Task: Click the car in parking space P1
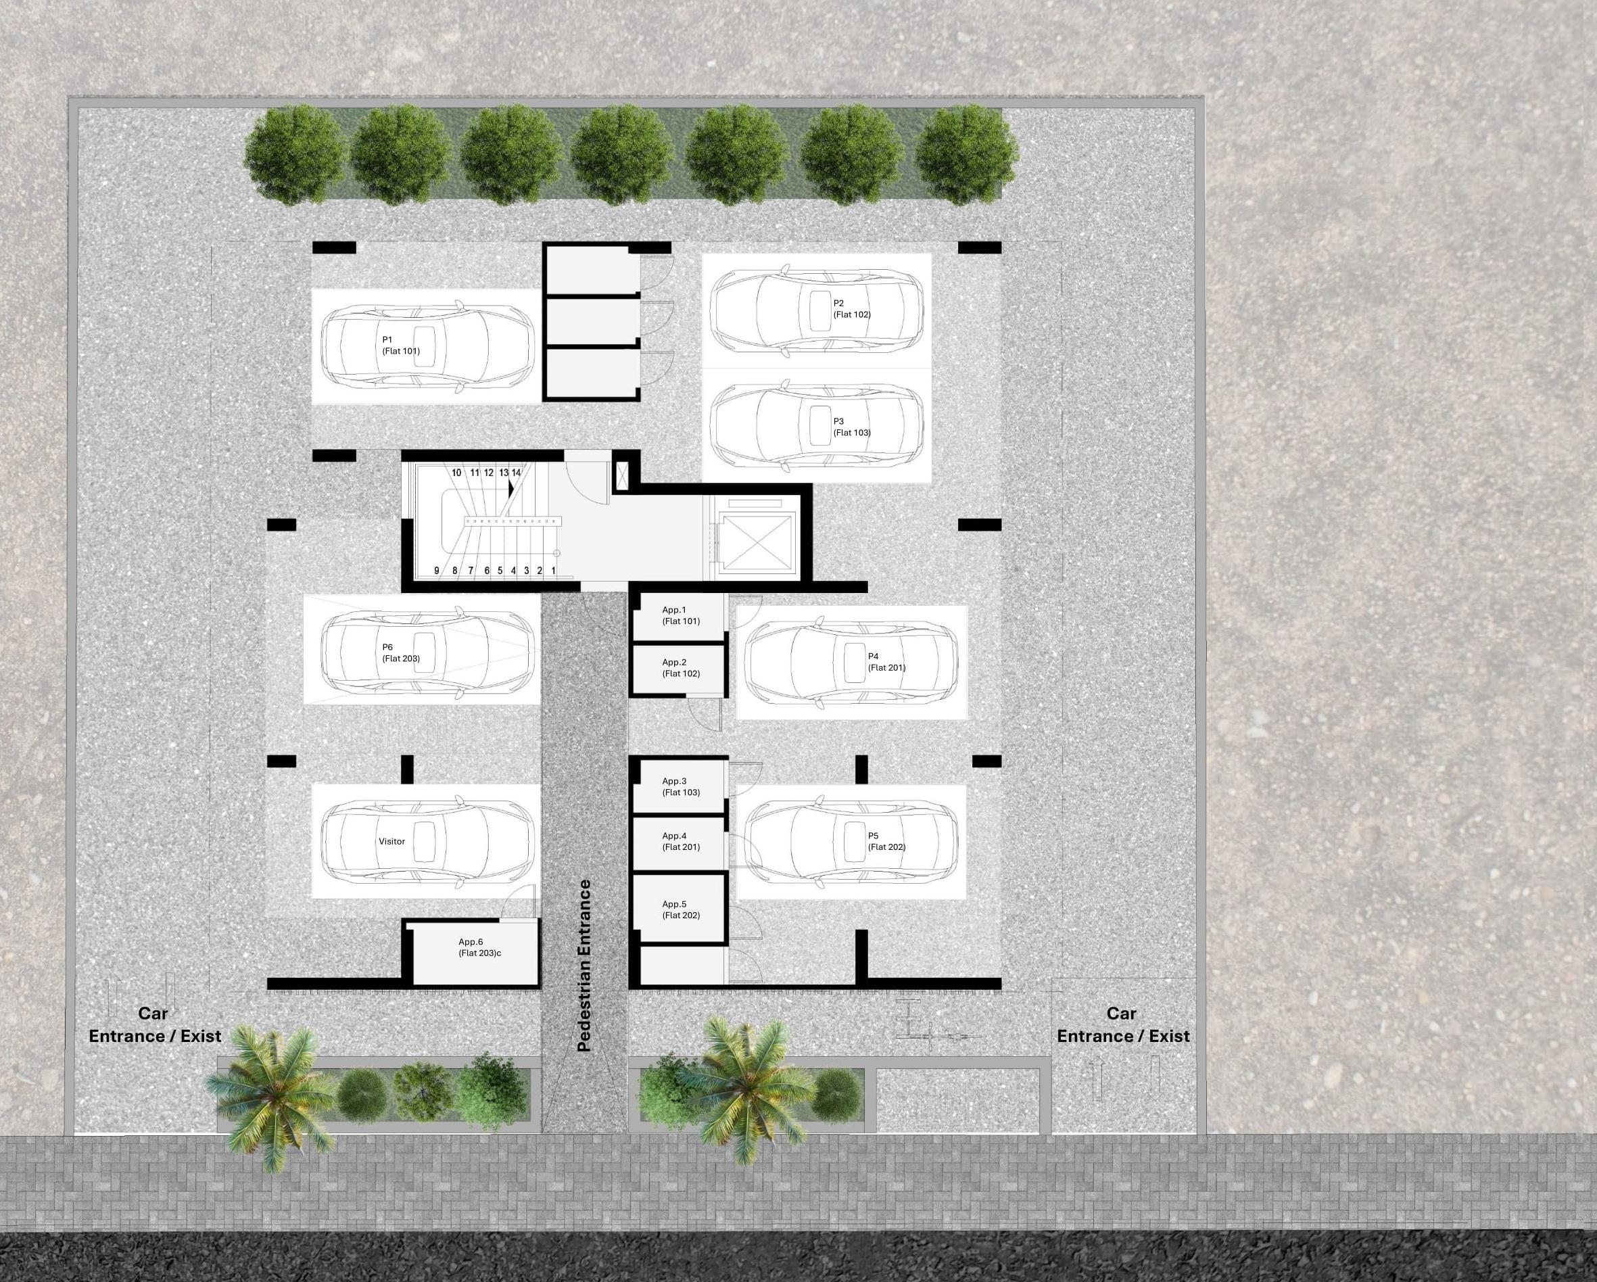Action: pyautogui.click(x=427, y=346)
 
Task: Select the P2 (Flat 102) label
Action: pyautogui.click(x=851, y=309)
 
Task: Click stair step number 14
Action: pyautogui.click(x=517, y=473)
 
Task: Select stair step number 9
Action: pyautogui.click(x=436, y=571)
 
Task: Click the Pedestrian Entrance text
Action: pyautogui.click(x=584, y=965)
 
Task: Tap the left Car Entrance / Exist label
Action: pyautogui.click(x=154, y=1025)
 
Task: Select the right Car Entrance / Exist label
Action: pyautogui.click(x=1122, y=1025)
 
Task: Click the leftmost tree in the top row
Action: pyautogui.click(x=295, y=154)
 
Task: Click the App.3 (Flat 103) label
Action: pyautogui.click(x=680, y=786)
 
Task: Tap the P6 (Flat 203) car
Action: pyautogui.click(x=427, y=652)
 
